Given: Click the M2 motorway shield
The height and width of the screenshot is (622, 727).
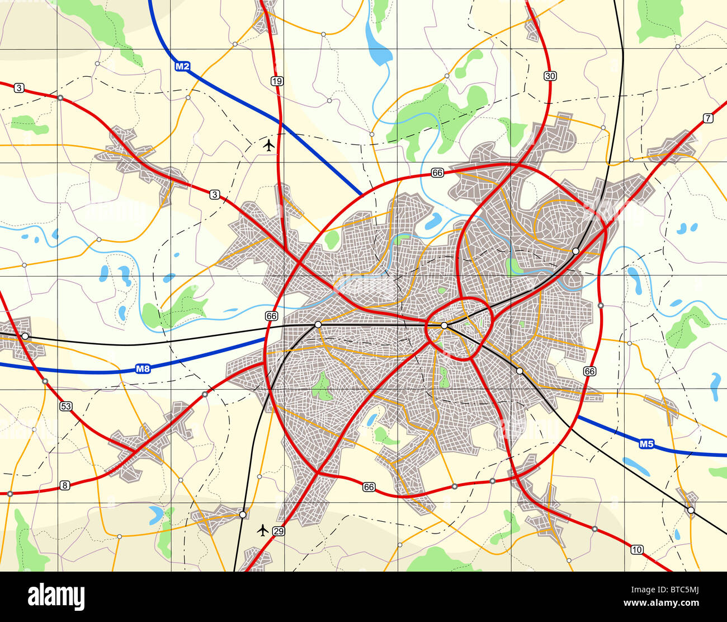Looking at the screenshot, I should click(x=183, y=67).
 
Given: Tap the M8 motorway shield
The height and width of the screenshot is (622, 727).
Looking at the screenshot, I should click(x=143, y=369).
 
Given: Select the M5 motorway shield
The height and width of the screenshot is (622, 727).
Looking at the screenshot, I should click(x=646, y=444).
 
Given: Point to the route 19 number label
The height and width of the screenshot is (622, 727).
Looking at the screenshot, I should click(x=277, y=81).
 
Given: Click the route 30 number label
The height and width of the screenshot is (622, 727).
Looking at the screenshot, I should click(x=550, y=76).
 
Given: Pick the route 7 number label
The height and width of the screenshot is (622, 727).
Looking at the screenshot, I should click(x=709, y=118).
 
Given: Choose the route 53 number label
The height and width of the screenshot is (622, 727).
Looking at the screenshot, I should click(x=66, y=406).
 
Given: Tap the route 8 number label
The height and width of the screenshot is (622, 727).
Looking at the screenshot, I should click(x=65, y=485).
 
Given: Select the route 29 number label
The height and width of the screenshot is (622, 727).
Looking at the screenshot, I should click(x=280, y=531).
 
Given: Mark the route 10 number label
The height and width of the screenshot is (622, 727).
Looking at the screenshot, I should click(x=636, y=550).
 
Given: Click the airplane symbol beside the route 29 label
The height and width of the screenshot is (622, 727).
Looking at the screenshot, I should click(x=262, y=529).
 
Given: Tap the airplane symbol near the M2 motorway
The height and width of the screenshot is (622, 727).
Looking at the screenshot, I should click(x=269, y=146).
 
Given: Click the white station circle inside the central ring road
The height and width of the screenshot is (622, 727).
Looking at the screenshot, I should click(x=444, y=325).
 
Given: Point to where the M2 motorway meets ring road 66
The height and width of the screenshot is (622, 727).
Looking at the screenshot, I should click(x=362, y=195).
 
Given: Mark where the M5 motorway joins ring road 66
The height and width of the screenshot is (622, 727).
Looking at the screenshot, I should click(x=576, y=415).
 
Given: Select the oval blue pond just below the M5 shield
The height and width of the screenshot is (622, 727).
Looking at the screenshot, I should click(x=636, y=465).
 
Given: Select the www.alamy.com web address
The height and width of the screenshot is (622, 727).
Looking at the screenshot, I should click(x=679, y=604).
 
